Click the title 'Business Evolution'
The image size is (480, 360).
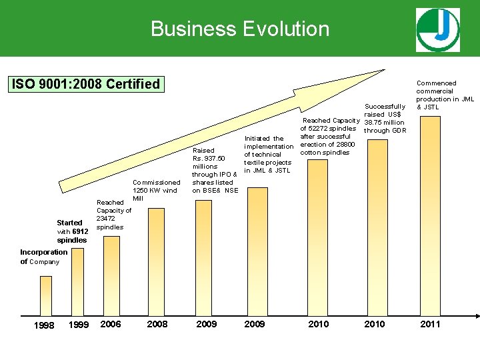click(x=240, y=29)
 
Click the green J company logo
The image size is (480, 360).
click(x=437, y=30)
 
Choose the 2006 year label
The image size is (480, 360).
click(x=110, y=324)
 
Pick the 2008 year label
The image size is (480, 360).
click(x=157, y=324)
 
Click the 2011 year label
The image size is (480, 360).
click(x=430, y=324)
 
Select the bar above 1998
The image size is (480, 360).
click(x=46, y=294)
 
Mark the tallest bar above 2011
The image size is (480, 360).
click(x=430, y=213)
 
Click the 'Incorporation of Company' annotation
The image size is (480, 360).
click(x=43, y=257)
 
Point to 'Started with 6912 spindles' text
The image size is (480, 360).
click(x=71, y=231)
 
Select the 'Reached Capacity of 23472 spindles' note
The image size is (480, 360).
click(x=113, y=215)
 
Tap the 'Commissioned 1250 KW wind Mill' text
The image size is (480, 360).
click(x=156, y=190)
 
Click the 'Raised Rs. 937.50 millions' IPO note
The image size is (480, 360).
click(x=213, y=170)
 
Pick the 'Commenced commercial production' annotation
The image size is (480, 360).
click(x=445, y=95)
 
